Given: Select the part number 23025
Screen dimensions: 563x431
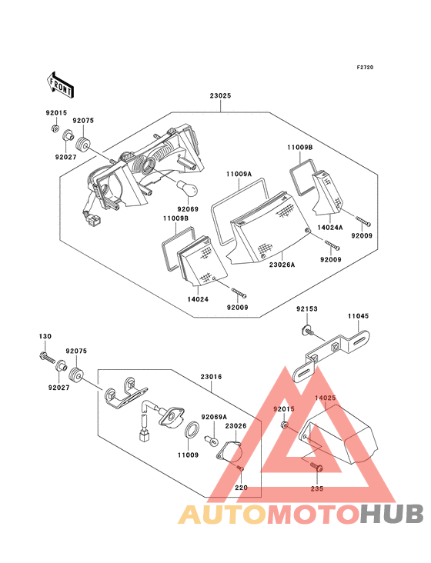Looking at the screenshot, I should (220, 97).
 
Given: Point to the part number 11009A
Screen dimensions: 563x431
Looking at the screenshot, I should (239, 174).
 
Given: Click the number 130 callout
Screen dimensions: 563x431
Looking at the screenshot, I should (45, 337).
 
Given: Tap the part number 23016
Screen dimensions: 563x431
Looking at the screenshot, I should (211, 377).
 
